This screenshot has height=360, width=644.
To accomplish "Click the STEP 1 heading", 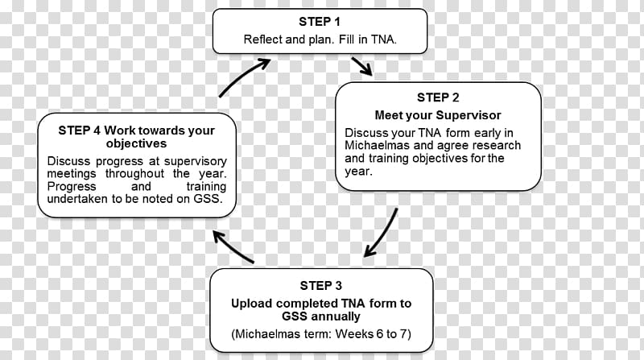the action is point(320,22).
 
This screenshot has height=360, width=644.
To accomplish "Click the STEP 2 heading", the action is point(438,97).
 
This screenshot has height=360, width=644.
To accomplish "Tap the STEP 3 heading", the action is point(320,286).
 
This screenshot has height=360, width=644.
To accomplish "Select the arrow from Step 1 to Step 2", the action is point(361,66).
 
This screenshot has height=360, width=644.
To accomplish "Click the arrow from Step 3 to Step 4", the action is point(233,246).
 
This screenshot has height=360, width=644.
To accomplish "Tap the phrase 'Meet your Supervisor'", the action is point(438,115).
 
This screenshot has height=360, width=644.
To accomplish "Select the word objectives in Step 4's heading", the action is point(136,144).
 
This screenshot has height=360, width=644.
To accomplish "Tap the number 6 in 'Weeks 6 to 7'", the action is point(380,333).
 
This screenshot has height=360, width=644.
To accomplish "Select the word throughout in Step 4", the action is point(134,173).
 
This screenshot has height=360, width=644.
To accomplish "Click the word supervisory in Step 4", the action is point(196,162).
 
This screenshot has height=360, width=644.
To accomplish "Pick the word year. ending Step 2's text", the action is point(358,172).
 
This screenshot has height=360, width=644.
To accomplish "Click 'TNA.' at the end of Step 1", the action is point(384,39).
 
